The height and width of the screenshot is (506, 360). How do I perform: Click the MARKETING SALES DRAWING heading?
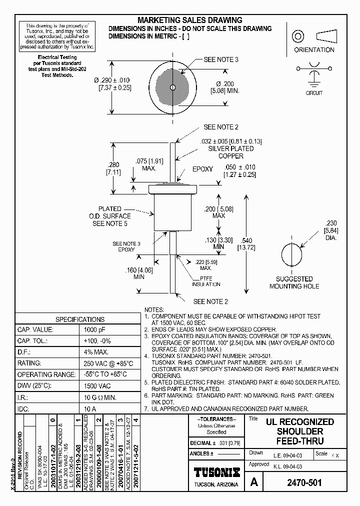click(x=189, y=20)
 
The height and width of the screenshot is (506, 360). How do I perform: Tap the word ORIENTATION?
click(x=314, y=50)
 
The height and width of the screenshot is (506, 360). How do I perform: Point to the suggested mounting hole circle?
click(x=290, y=254)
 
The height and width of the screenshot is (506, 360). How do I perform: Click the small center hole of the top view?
click(x=172, y=87)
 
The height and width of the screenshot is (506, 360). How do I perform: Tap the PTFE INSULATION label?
click(x=206, y=281)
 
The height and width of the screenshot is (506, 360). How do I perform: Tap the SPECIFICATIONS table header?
click(x=79, y=319)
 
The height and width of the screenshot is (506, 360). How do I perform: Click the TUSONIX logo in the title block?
click(x=216, y=472)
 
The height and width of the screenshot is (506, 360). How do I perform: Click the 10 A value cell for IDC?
click(x=90, y=408)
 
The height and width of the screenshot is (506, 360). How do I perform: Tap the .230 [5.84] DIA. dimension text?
click(x=331, y=230)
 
